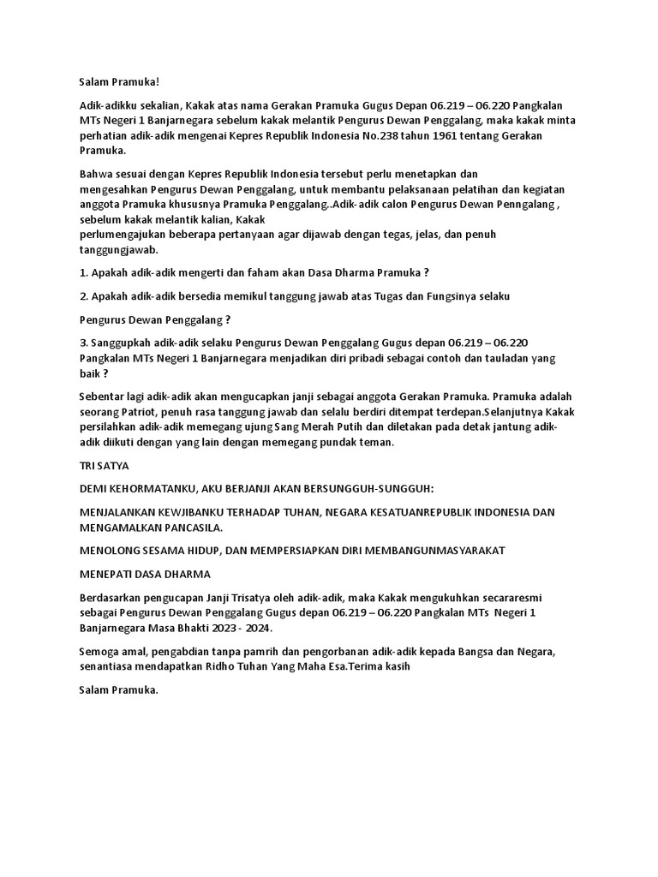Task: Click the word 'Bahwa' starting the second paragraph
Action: click(x=95, y=173)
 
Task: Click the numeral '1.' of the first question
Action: click(x=83, y=273)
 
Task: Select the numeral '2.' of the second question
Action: click(x=83, y=296)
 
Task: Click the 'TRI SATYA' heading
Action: click(x=104, y=465)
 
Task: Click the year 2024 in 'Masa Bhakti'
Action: click(x=260, y=628)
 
